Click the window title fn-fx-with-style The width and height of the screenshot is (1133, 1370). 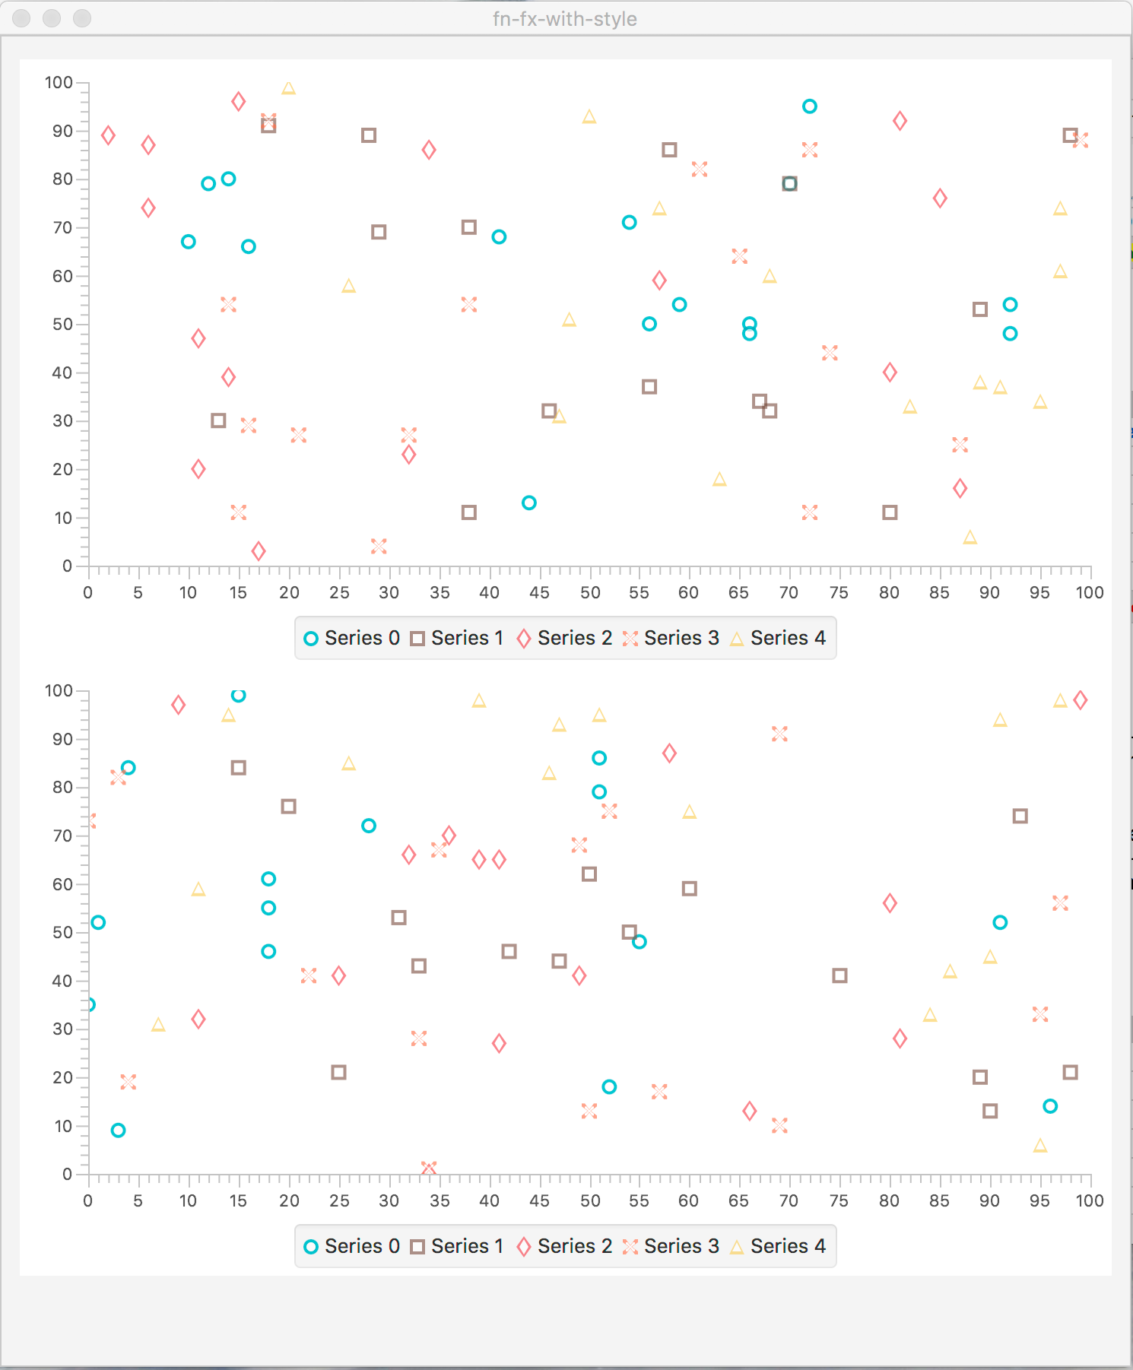[x=564, y=19]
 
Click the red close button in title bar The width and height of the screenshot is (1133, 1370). [x=21, y=18]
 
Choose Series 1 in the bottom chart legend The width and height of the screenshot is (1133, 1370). [x=457, y=1246]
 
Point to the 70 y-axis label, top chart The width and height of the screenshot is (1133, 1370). [x=62, y=227]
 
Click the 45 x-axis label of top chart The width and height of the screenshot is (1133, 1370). [x=539, y=592]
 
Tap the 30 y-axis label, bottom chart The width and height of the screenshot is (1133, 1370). [x=62, y=1029]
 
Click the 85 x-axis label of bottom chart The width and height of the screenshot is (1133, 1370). [x=939, y=1200]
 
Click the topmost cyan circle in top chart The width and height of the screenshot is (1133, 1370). [x=809, y=106]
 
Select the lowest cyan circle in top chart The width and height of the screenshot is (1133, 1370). [x=529, y=503]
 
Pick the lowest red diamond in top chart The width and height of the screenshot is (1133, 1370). [x=259, y=551]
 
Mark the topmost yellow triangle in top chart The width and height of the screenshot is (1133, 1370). [x=288, y=88]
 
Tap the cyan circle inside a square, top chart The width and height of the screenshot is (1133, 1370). [x=789, y=184]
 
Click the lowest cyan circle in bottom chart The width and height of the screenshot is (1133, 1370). [x=118, y=1131]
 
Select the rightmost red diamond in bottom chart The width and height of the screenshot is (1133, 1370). [x=1080, y=700]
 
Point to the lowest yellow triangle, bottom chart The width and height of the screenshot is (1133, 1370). [x=1040, y=1146]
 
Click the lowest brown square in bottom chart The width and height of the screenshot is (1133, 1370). [x=989, y=1112]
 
